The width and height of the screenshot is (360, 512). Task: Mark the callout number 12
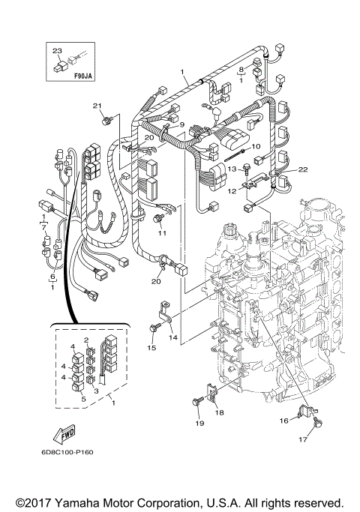tap(232, 192)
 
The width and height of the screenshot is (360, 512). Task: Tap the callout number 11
tap(160, 233)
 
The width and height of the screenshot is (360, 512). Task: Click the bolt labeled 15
tap(153, 328)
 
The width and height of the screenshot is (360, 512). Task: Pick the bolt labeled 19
tap(196, 405)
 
